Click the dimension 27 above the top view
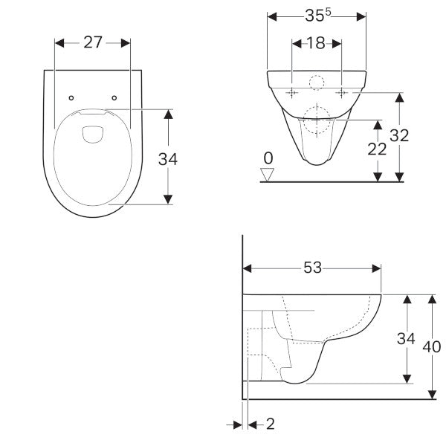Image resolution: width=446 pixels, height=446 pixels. [93, 42]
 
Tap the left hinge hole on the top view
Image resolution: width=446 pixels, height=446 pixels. [71, 97]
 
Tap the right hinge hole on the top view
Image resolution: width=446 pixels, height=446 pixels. [115, 97]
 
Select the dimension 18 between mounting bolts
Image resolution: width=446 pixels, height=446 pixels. [316, 43]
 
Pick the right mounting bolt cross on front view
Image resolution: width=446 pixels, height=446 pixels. [341, 92]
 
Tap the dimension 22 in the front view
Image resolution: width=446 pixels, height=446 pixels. [378, 149]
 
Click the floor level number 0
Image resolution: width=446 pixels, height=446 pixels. [268, 158]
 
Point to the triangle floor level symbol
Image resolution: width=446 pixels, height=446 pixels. [268, 174]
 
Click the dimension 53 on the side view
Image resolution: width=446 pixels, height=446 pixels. [312, 268]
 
